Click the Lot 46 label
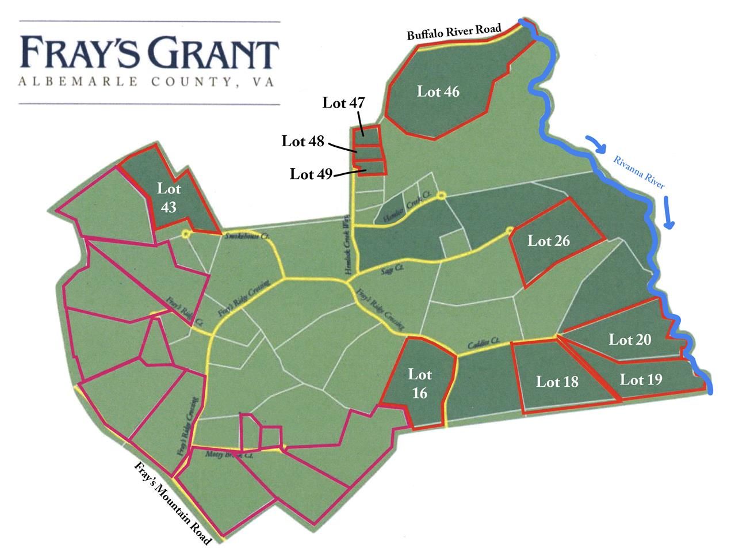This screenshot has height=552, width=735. [x=438, y=92]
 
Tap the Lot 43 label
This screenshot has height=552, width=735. [x=169, y=197]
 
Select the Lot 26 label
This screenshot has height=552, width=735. [x=549, y=241]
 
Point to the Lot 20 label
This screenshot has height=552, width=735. [x=630, y=340]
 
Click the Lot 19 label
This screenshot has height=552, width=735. [x=641, y=380]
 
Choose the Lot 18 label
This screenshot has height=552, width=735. [x=557, y=382]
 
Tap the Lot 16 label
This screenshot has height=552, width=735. [x=419, y=383]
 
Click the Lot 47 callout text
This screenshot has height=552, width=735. [x=344, y=103]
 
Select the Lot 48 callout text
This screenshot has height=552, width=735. [x=303, y=141]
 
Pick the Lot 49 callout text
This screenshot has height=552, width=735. [x=311, y=174]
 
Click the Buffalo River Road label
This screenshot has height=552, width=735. [x=454, y=32]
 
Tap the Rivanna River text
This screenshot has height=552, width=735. [x=639, y=172]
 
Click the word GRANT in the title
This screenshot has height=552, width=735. [x=215, y=54]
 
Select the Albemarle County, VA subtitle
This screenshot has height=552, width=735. [x=146, y=82]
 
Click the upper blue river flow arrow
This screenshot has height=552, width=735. [x=597, y=144]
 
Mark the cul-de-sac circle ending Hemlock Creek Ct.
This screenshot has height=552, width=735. [x=441, y=196]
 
